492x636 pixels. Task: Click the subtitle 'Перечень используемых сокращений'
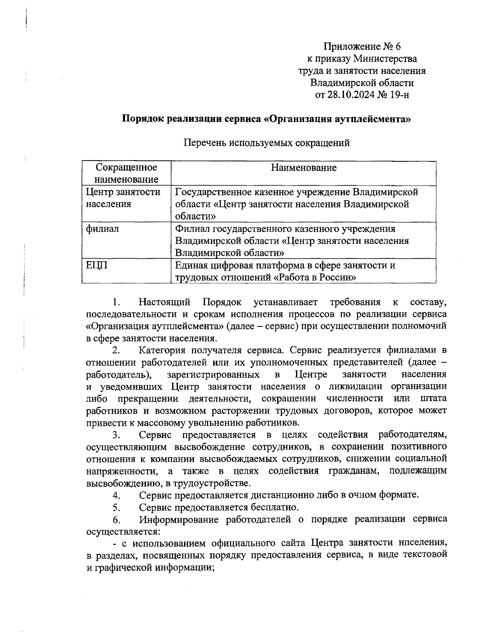[266, 143]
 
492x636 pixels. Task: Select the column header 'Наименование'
[303, 168]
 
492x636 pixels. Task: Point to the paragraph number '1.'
[116, 303]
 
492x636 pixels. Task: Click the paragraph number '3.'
[116, 435]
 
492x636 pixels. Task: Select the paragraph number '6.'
[116, 519]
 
